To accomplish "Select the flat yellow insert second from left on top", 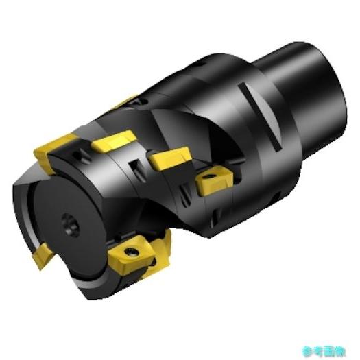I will [114, 143].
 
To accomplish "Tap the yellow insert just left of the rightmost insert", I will [169, 160].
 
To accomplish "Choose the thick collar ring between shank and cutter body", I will [254, 130].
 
